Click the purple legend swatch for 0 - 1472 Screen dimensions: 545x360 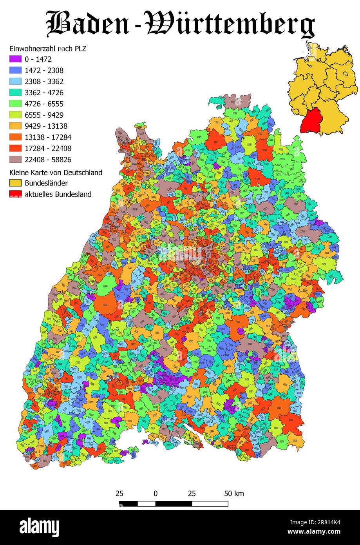click(15, 60)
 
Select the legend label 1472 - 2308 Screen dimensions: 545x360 click(44, 71)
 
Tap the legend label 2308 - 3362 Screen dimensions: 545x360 click(44, 82)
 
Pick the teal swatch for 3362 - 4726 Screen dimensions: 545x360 click(15, 93)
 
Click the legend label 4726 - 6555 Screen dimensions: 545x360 click(44, 104)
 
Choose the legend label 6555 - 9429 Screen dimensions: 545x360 click(44, 115)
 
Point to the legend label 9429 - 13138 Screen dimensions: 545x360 click(46, 126)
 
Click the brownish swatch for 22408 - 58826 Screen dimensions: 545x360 click(15, 160)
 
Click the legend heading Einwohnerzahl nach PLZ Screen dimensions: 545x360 click(47, 49)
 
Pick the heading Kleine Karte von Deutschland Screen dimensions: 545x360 click(56, 173)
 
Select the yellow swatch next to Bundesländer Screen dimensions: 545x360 click(15, 183)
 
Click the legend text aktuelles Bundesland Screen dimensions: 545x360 click(58, 194)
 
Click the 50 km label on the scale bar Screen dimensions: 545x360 click(234, 493)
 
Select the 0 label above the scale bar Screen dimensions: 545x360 click(156, 493)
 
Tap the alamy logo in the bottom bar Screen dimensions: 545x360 click(39, 527)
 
